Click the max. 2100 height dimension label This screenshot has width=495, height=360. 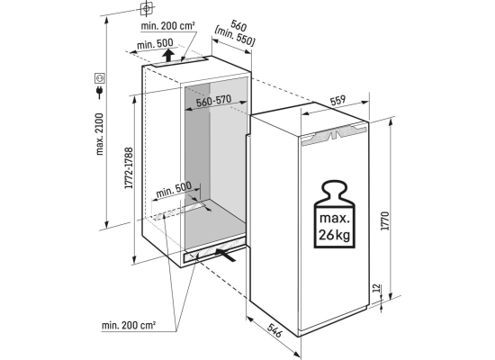[100, 134]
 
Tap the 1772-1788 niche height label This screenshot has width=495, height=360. [129, 168]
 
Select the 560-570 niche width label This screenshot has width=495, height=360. [213, 101]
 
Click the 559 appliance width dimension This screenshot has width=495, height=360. [337, 101]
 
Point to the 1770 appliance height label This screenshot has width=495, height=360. [386, 221]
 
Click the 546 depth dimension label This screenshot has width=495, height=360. [274, 330]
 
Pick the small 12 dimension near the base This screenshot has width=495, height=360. [376, 288]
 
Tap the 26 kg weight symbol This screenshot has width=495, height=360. [334, 214]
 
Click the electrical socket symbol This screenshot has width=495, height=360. [100, 77]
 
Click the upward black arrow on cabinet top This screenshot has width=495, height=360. [169, 55]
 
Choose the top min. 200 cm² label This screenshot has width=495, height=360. [167, 26]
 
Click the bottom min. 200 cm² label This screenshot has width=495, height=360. [129, 325]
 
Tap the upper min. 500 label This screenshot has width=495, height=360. [155, 44]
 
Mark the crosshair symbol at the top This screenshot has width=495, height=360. [146, 8]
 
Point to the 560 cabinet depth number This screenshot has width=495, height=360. [238, 25]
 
